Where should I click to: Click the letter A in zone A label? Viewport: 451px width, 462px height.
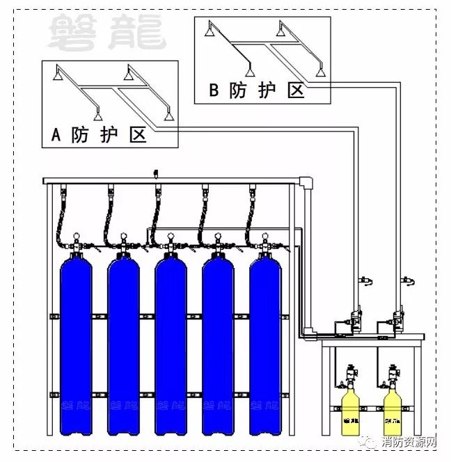[x=56, y=135]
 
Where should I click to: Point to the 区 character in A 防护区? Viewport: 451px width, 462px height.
[x=137, y=134]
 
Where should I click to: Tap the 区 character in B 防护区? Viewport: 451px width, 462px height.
[x=296, y=90]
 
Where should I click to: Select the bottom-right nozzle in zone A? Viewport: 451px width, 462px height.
[x=168, y=113]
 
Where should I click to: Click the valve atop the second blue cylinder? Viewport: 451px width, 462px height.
[x=123, y=244]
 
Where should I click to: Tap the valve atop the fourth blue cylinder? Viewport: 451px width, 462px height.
[x=218, y=244]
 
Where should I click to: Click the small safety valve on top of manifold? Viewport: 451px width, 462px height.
[x=156, y=172]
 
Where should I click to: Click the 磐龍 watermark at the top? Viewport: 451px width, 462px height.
[x=105, y=33]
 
